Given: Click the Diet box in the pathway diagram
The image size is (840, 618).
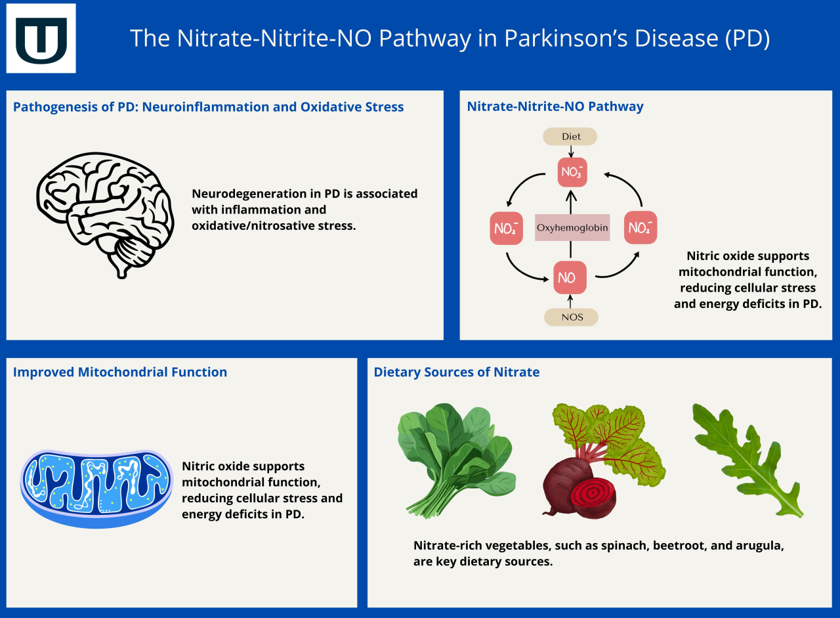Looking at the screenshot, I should point(570,137).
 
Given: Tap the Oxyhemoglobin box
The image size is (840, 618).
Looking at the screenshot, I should point(572,228).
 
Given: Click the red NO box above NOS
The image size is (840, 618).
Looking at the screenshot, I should point(569,278).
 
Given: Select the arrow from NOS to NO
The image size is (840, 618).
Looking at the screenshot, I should point(570,301).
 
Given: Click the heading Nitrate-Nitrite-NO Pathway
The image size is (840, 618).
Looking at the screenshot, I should point(555,106).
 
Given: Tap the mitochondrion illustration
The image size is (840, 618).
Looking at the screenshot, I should point(96,488).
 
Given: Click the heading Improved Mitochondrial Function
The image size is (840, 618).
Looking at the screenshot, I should point(120,372).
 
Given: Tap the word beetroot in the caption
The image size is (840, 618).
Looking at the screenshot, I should point(681,546).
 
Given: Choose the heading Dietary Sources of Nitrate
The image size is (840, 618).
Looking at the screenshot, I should point(457,372).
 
